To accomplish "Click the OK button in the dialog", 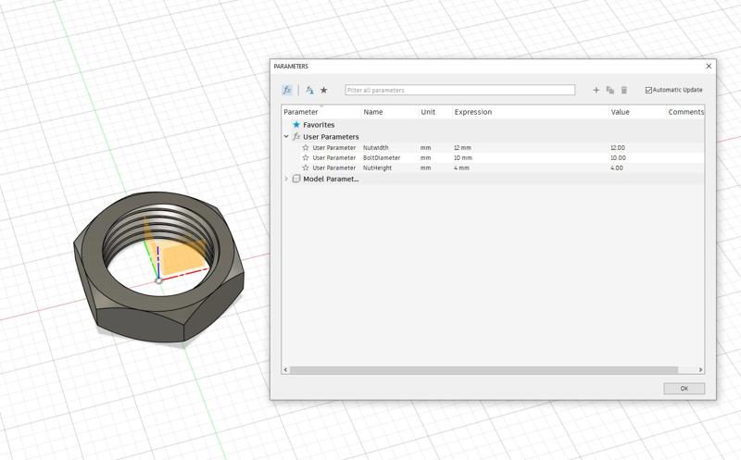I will pyautogui.click(x=684, y=389).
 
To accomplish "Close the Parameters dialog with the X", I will pyautogui.click(x=709, y=67).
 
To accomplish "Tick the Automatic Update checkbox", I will pyautogui.click(x=648, y=91).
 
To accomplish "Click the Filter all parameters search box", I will pyautogui.click(x=459, y=91).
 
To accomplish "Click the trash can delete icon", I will pyautogui.click(x=624, y=91).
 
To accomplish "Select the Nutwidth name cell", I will pyautogui.click(x=376, y=148).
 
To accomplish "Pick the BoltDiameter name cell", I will pyautogui.click(x=382, y=158).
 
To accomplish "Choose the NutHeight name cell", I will pyautogui.click(x=378, y=168).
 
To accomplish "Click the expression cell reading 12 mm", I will pyautogui.click(x=463, y=148).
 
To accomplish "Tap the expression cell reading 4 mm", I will pyautogui.click(x=462, y=168).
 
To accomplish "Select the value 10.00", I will pyautogui.click(x=618, y=158).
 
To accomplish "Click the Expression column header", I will pyautogui.click(x=473, y=112).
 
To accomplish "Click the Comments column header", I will pyautogui.click(x=685, y=112).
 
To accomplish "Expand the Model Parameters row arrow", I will pyautogui.click(x=286, y=179).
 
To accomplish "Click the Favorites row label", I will pyautogui.click(x=319, y=125).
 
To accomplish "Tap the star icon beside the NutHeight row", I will pyautogui.click(x=306, y=168).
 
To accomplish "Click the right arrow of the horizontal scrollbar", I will pyautogui.click(x=700, y=370).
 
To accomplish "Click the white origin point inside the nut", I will pyautogui.click(x=158, y=280).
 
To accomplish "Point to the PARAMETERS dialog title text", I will pyautogui.click(x=291, y=67).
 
